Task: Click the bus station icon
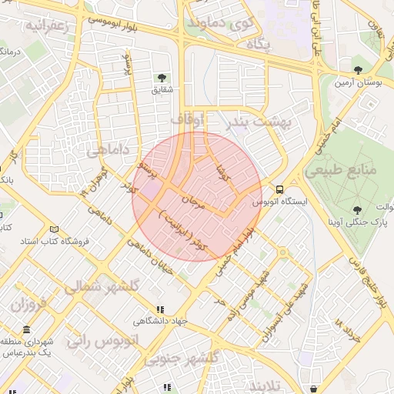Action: pos(279,189)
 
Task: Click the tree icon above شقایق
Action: pos(162,78)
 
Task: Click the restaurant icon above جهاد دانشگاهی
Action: pos(160,309)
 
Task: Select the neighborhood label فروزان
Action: pos(29,304)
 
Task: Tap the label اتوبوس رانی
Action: pos(102,339)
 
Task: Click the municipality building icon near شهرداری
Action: pos(27,330)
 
